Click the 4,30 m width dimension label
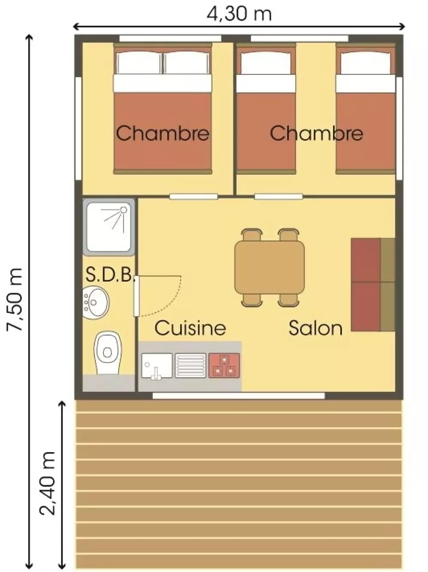pos(239,14)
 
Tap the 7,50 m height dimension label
pos(15,299)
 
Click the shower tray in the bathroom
pos(109,227)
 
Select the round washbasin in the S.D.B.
pos(95,303)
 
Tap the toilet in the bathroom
pos(107,353)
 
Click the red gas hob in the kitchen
pos(224,365)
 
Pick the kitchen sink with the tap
pos(157,365)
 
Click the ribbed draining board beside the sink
pos(190,365)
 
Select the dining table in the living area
pos(269,267)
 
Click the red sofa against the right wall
pos(373,285)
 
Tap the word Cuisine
pos(190,328)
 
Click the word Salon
pos(315,328)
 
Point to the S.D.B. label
pos(110,274)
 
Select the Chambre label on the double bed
pos(163,133)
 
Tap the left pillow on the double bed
pos(139,63)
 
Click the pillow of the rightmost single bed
pos(366,63)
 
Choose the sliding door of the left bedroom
pos(193,197)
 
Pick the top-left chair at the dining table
pos(251,235)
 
